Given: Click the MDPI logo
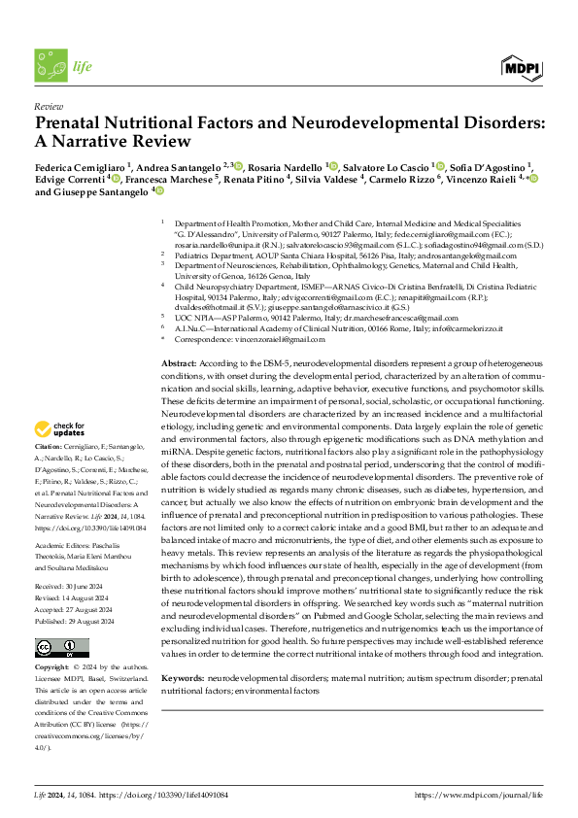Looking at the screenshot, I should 520,66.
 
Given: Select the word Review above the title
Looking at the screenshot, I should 48,106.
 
